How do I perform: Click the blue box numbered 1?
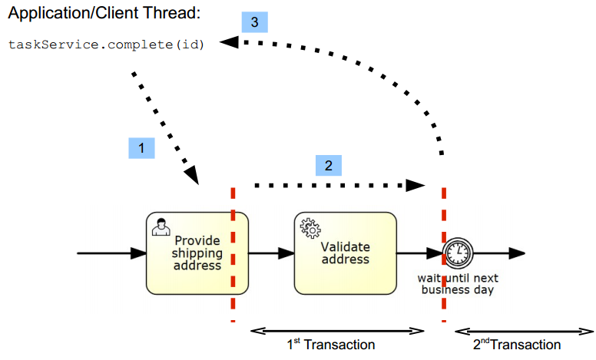141,147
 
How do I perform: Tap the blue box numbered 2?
328,166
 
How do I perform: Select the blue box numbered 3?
254,21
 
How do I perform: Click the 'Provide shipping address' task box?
197,253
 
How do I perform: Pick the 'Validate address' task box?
346,253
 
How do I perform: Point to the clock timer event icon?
459,253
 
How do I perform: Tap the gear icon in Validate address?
310,228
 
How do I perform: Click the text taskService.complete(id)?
107,44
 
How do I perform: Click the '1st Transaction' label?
331,345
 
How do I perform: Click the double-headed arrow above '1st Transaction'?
338,331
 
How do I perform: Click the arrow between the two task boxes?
271,253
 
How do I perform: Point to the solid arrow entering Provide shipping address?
112,253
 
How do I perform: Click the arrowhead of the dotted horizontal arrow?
416,185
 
